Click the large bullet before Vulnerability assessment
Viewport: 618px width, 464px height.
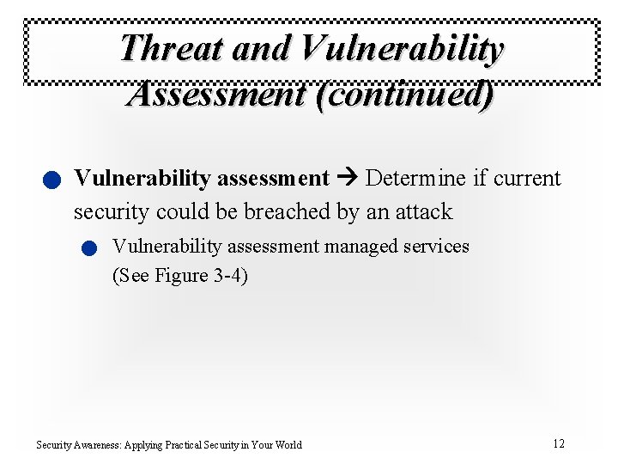click(x=51, y=180)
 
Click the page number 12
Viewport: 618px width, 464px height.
click(x=559, y=443)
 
